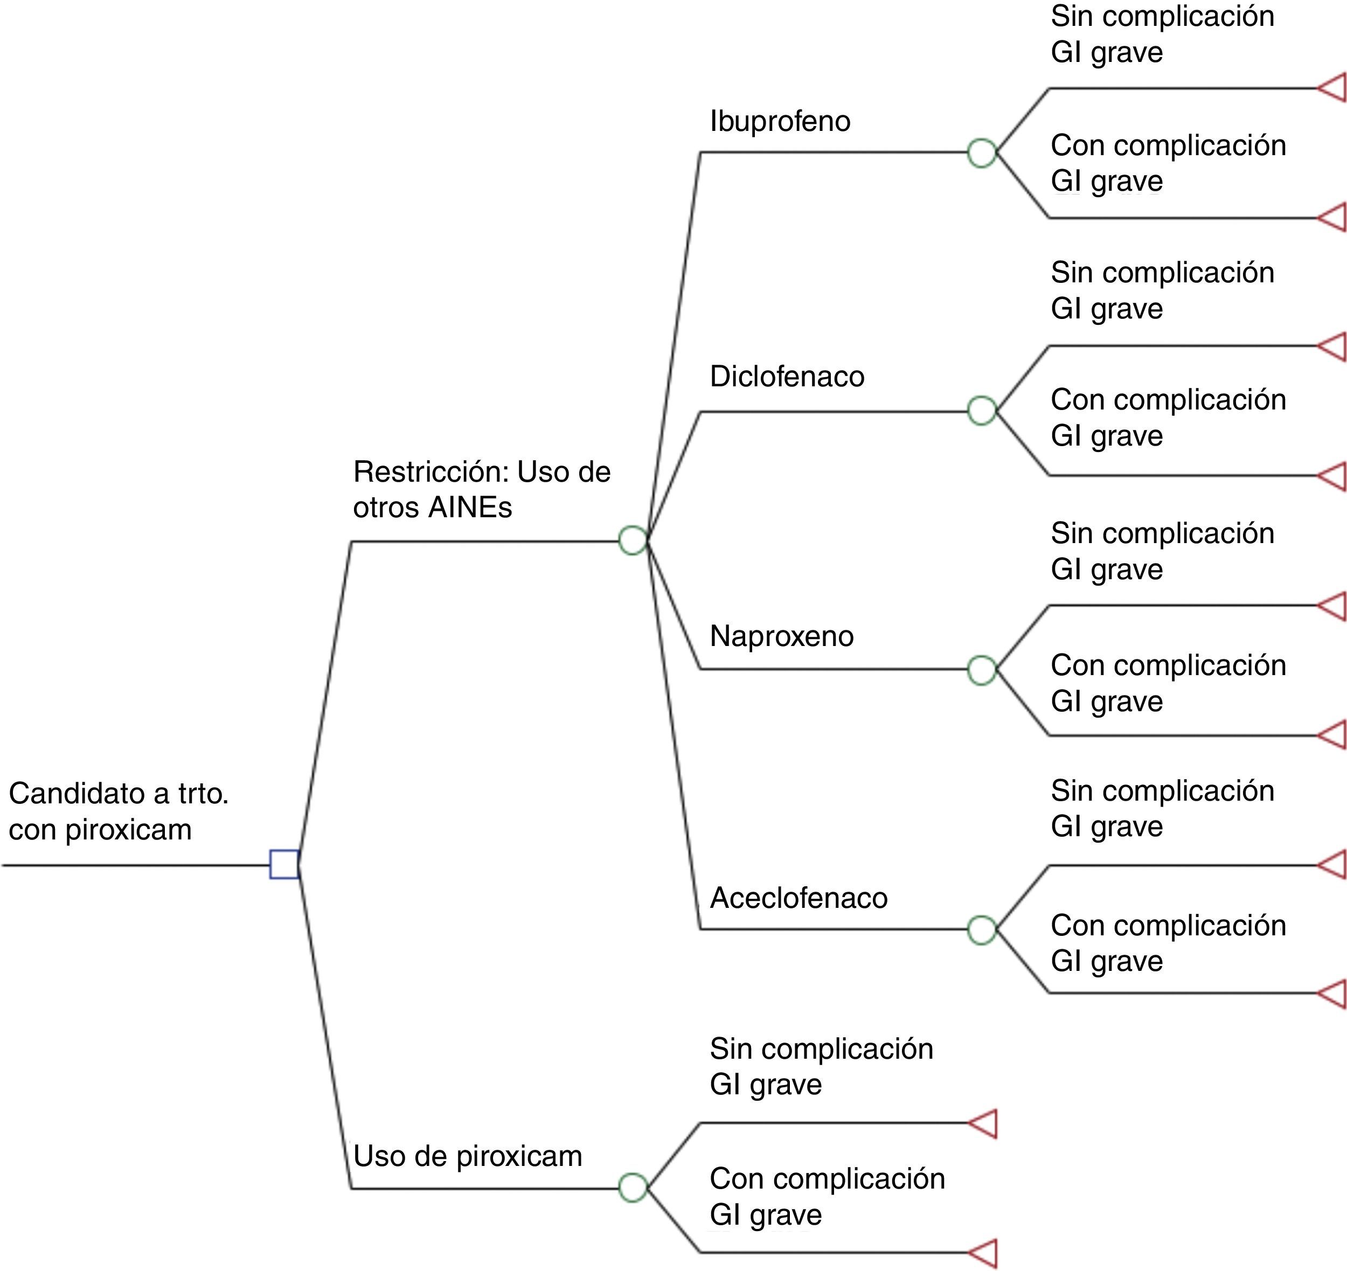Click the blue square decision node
coord(284,865)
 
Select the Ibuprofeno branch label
coord(780,122)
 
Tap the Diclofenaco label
coord(787,377)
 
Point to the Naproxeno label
coord(781,636)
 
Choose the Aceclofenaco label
coord(798,898)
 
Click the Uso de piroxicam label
coord(468,1156)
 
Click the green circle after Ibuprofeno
coord(982,152)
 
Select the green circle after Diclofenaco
coord(982,411)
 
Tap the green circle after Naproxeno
coord(982,670)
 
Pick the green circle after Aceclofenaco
coord(982,929)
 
